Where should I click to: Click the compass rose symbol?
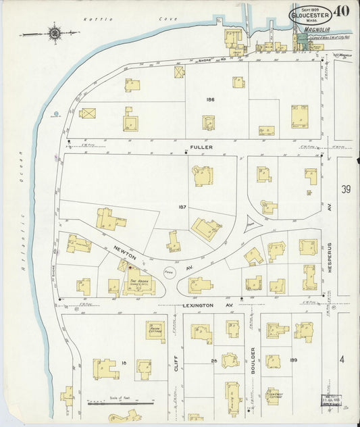pyautogui.click(x=53, y=32)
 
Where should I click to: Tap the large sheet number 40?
pyautogui.click(x=340, y=11)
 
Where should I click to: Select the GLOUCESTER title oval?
pyautogui.click(x=310, y=14)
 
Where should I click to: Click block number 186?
pyautogui.click(x=210, y=99)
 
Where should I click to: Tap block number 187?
pyautogui.click(x=182, y=207)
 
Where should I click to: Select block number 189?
pyautogui.click(x=293, y=360)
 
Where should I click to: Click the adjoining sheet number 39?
pyautogui.click(x=346, y=189)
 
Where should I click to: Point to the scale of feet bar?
pyautogui.click(x=115, y=403)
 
